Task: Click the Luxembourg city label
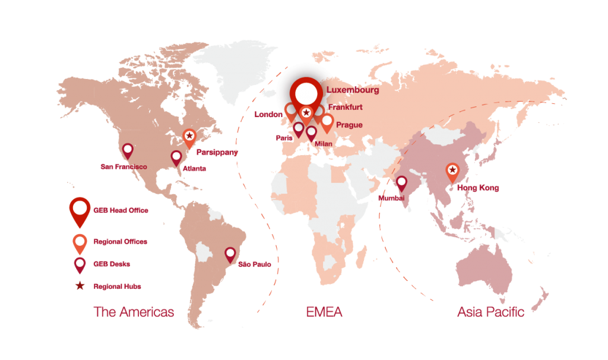tap(353, 90)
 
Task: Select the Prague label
tap(349, 125)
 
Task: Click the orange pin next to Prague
tap(327, 122)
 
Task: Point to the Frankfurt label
tap(345, 108)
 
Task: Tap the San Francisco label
tap(123, 167)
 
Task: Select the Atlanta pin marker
tap(176, 157)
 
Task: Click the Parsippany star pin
tap(189, 137)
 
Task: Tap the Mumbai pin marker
tap(401, 182)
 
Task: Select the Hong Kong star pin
tap(452, 171)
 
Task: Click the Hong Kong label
tap(477, 188)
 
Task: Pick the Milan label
tap(324, 144)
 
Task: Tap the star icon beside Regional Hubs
tap(78, 286)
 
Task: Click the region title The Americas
tap(134, 312)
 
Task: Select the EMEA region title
tap(324, 312)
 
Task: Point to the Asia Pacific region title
tap(490, 312)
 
